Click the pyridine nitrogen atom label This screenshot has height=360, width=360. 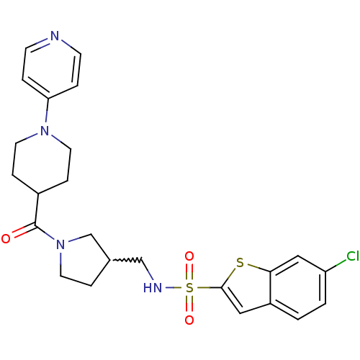point(55,36)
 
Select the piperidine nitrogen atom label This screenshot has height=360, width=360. point(45,131)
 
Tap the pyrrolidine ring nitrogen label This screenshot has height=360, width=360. point(60,245)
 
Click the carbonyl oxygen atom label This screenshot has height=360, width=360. point(6,239)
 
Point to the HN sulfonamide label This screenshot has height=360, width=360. point(153,287)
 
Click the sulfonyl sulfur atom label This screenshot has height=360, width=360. point(189,287)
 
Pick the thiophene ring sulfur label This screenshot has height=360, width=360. point(240,263)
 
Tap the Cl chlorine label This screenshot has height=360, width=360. point(353,256)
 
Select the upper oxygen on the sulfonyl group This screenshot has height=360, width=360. point(189,256)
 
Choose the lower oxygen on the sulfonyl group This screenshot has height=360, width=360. point(189,320)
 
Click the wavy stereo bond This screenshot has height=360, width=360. point(127,260)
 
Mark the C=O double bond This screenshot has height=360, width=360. point(24,230)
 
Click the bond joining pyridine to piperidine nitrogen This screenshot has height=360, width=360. point(47,111)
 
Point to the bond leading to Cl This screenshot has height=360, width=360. point(336,266)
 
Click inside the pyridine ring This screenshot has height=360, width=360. point(52,68)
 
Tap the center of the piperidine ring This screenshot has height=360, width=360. point(42,162)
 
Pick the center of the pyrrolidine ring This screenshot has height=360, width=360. point(82,261)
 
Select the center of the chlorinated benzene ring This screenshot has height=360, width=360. point(298,288)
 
